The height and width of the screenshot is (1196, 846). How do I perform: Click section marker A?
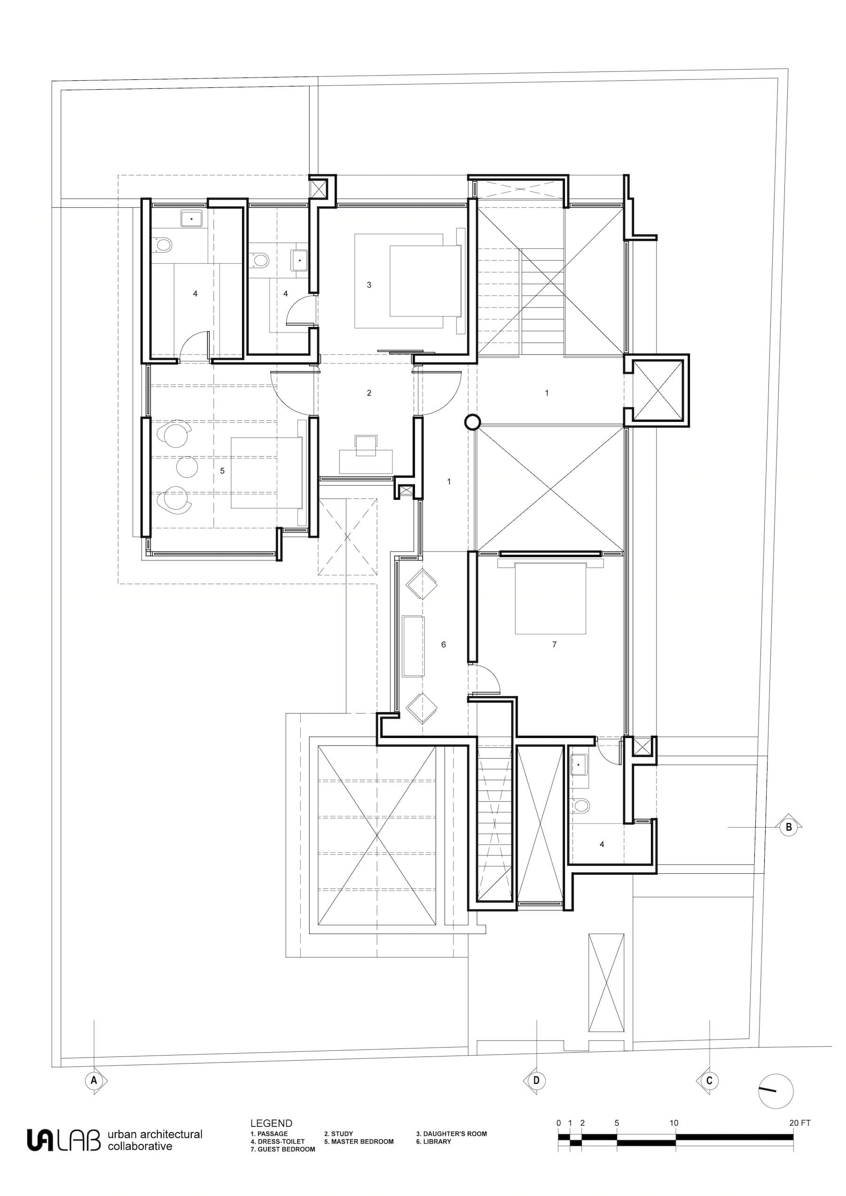coord(94,1080)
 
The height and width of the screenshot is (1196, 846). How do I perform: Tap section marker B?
coord(788,827)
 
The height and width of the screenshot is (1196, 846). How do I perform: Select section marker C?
coord(709,1080)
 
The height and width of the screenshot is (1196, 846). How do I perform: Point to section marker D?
coord(536,1080)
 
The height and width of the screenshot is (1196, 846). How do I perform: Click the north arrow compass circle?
coord(775,1091)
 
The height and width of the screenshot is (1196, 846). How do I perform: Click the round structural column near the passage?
coord(472,422)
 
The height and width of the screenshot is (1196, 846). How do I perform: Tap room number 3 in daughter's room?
coord(369,285)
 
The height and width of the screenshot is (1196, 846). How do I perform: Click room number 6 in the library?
coord(444,645)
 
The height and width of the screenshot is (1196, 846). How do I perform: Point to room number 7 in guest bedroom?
coord(554,645)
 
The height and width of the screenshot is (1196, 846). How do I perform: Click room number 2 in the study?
coord(369,393)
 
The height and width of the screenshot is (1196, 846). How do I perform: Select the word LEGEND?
coord(271,1124)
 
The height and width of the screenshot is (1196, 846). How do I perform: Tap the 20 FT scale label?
coord(799,1123)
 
